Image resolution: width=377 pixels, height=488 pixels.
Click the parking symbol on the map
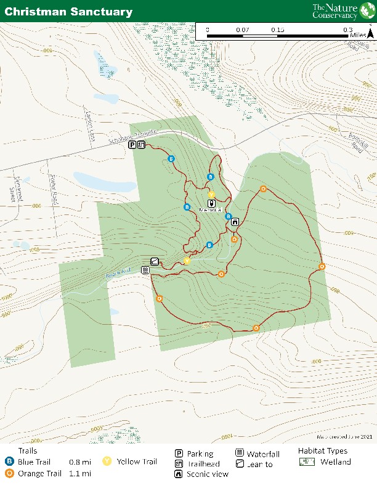[x=132, y=145]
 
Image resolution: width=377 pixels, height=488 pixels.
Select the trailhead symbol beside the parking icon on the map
[x=141, y=145]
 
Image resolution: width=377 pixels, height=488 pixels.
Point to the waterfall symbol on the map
[x=145, y=270]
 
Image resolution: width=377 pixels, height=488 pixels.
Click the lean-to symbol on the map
[x=155, y=261]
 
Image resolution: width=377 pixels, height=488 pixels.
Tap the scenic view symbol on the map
[x=235, y=221]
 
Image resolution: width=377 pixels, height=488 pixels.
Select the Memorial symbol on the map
[x=211, y=202]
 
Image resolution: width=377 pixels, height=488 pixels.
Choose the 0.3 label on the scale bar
[x=349, y=30]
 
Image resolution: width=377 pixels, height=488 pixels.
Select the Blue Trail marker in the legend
[x=9, y=462]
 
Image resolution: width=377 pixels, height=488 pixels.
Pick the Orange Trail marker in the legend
[x=9, y=473]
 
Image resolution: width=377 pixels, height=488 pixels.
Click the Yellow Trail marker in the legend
[x=107, y=462]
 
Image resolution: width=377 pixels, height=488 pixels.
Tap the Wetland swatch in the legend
[x=306, y=462]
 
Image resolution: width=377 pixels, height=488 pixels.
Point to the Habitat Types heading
[x=322, y=450]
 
